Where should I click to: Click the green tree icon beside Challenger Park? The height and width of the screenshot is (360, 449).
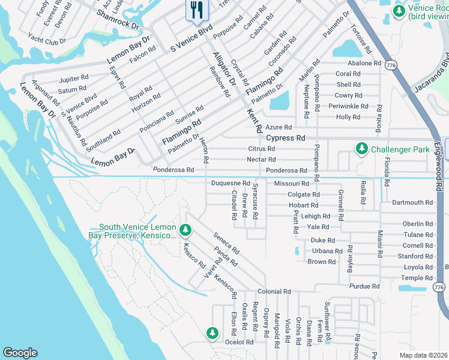click(361, 148)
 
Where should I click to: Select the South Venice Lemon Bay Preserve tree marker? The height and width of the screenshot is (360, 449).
click(185, 230)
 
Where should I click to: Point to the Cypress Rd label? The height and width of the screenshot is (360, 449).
click(284, 138)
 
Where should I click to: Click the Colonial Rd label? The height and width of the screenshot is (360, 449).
click(274, 292)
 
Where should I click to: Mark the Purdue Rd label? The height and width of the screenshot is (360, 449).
click(364, 287)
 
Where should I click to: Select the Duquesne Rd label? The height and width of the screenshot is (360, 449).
click(231, 183)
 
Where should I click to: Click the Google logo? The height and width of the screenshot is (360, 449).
click(20, 353)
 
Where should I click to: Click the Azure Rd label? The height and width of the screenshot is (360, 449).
click(279, 128)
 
